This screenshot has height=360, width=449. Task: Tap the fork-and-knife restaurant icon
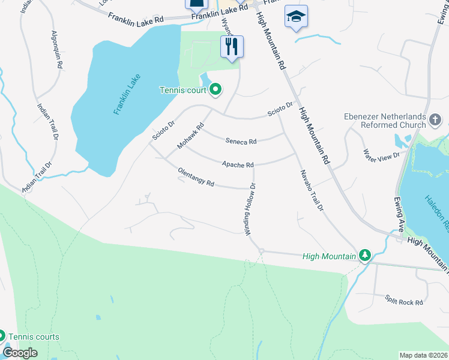[232, 46]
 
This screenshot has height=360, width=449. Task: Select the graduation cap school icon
[296, 17]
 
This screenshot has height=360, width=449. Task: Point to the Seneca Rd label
[241, 142]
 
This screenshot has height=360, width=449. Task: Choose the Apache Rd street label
[238, 164]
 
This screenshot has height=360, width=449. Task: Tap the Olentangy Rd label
[196, 178]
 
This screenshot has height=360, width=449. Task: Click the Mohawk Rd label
[191, 136]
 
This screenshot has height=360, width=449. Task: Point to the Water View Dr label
[381, 155]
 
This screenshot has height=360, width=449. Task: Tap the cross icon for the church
[436, 121]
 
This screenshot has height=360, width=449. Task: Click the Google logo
[20, 353]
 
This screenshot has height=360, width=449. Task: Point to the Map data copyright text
[424, 355]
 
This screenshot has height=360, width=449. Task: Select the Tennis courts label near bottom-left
[33, 337]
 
